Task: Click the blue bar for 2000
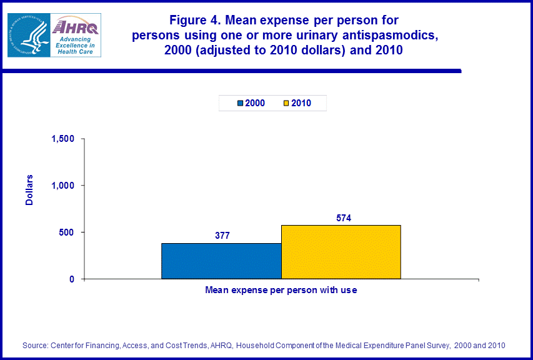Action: (221, 261)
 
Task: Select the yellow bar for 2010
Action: (341, 252)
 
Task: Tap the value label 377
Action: (222, 236)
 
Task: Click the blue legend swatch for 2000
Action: (241, 103)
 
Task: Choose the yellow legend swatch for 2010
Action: (286, 103)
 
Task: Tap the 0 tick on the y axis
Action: (72, 279)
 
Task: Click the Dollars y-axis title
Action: (29, 191)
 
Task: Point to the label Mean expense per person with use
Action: (281, 291)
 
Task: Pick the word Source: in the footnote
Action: (36, 345)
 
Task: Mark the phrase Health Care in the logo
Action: (75, 52)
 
